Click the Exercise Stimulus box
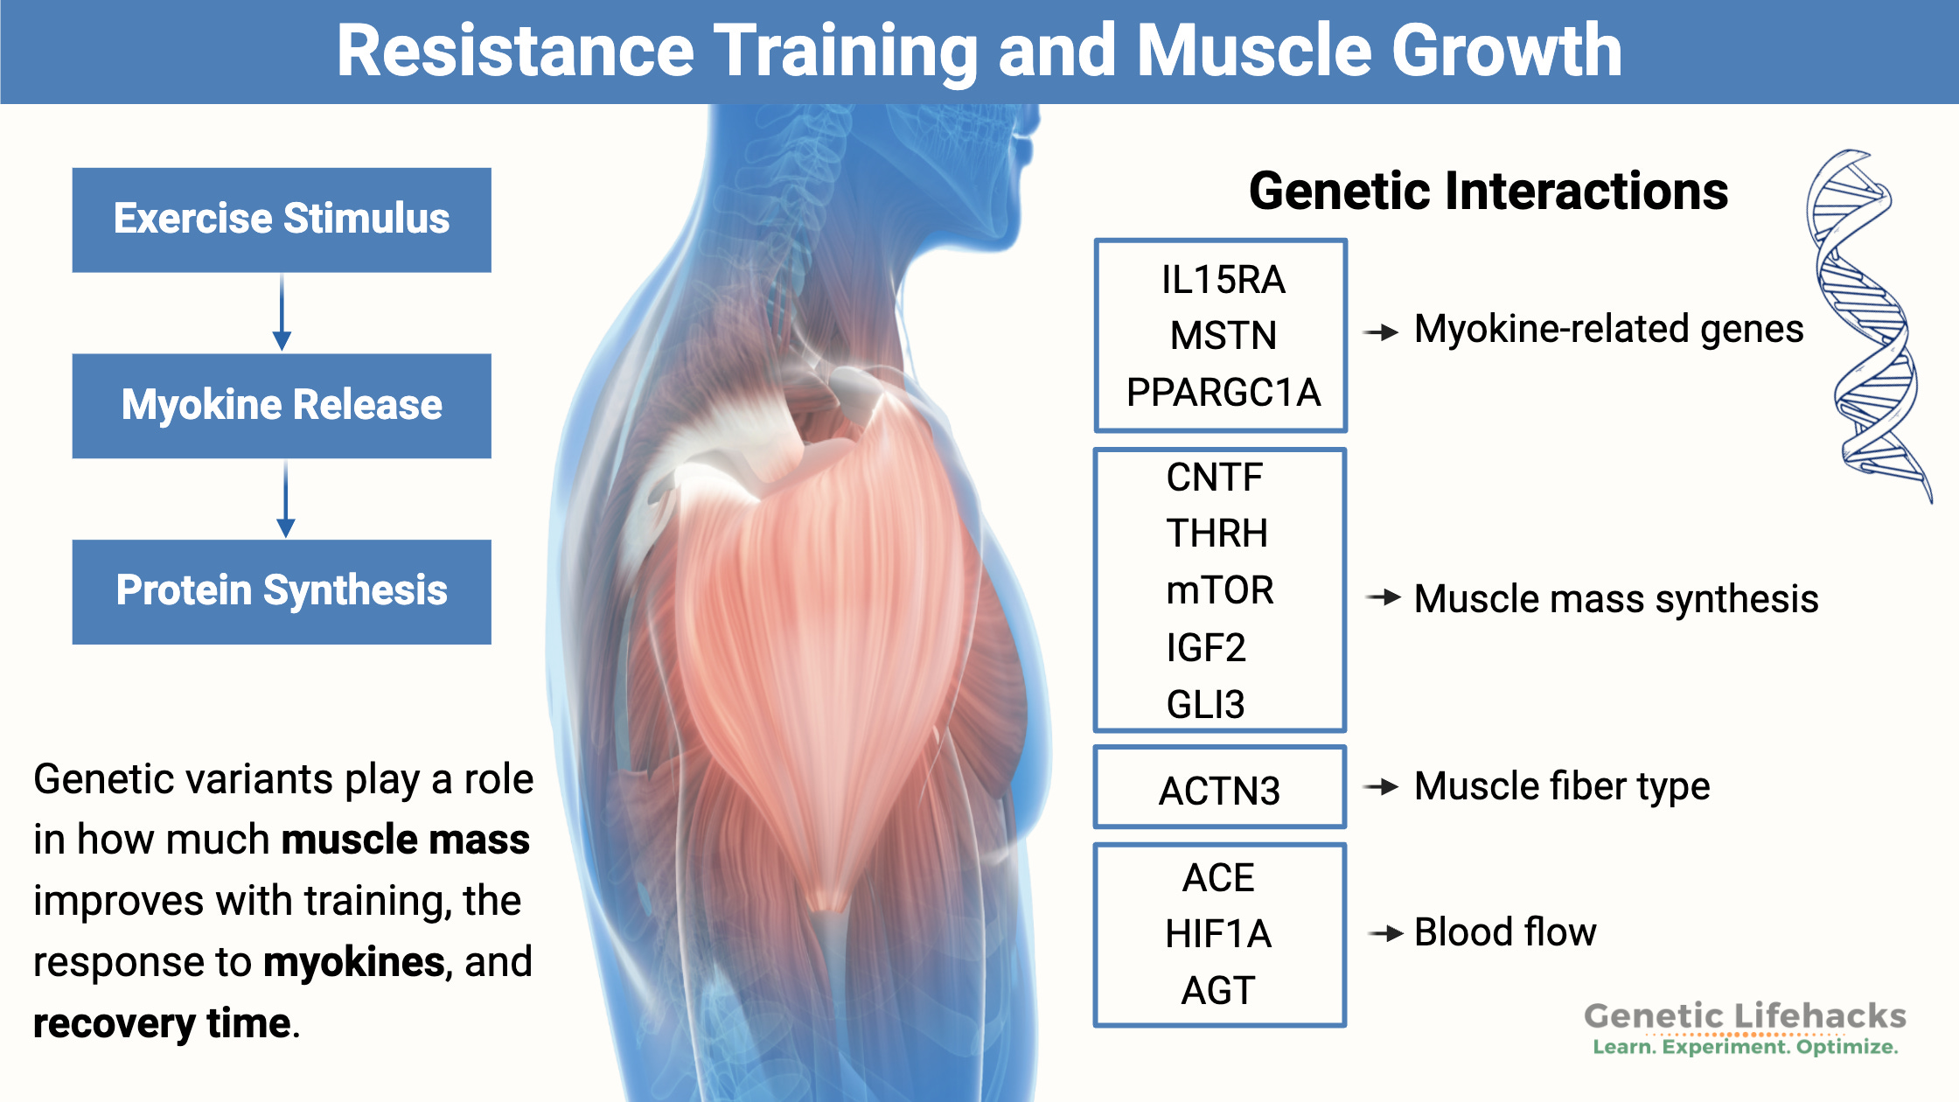[x=282, y=220]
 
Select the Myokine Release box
[x=282, y=406]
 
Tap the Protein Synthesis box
[x=282, y=591]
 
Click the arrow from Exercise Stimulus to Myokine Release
[x=282, y=313]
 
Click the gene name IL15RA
[x=1223, y=280]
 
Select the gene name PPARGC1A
[x=1223, y=392]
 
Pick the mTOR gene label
[x=1219, y=590]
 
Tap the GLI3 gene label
[x=1205, y=704]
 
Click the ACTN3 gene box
[x=1219, y=788]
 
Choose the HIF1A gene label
[x=1217, y=934]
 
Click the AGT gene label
[x=1217, y=991]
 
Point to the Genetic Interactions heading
[x=1488, y=192]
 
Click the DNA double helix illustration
[x=1867, y=324]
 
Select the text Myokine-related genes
[x=1608, y=330]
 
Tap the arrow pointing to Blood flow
[x=1385, y=934]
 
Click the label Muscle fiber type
[x=1561, y=786]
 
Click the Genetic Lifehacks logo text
[x=1745, y=1017]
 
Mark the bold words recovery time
[x=162, y=1023]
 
